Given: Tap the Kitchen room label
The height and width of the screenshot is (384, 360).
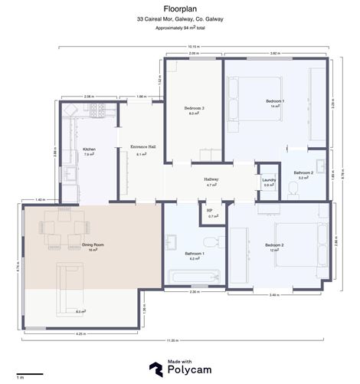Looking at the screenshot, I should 89,150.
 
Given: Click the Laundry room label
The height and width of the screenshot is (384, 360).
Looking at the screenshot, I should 268,181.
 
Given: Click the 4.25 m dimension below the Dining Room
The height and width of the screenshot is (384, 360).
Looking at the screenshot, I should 80,334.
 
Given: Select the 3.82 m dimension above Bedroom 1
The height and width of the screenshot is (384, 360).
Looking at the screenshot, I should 274,54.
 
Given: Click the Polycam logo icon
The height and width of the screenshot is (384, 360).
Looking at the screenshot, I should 155,368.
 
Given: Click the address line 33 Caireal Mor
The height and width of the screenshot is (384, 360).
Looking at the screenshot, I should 180,18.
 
